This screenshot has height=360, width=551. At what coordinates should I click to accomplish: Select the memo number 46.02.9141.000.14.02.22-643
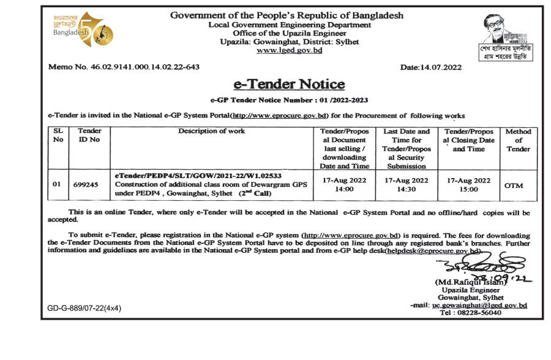(124, 67)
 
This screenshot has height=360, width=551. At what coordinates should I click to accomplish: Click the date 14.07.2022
(431, 67)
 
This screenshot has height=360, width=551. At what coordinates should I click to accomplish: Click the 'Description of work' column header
(211, 131)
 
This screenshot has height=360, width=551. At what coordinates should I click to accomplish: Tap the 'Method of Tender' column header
(518, 140)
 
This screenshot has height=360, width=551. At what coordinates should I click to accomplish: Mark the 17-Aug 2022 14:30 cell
(406, 185)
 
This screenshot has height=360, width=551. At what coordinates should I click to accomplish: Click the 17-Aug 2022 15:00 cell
(469, 185)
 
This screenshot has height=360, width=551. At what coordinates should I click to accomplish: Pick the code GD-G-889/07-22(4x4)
(84, 308)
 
